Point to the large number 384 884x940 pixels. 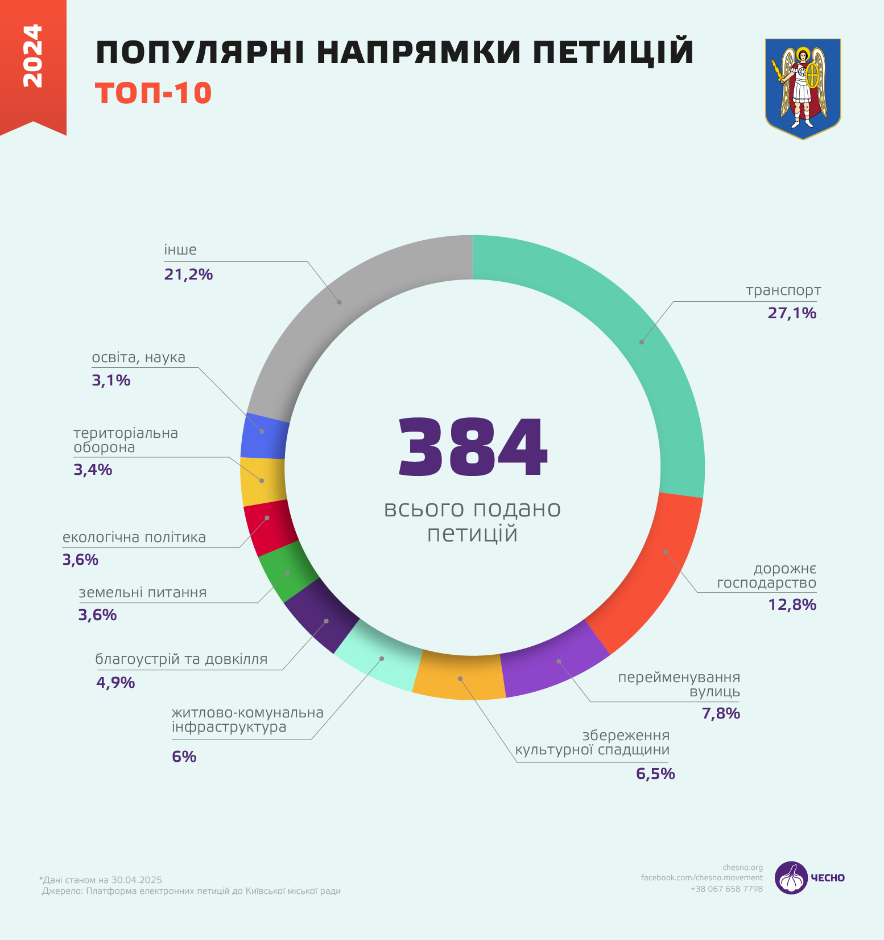[x=472, y=448]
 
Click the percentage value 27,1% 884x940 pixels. [x=792, y=313]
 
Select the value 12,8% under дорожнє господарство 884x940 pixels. [x=792, y=605]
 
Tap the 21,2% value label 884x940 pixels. [x=188, y=274]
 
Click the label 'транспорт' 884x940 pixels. [x=783, y=290]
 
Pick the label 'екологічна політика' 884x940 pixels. [x=134, y=537]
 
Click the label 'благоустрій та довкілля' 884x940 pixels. [x=181, y=659]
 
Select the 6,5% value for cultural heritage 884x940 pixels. [x=655, y=774]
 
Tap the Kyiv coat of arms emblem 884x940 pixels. [x=803, y=88]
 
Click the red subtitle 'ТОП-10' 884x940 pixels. [x=154, y=93]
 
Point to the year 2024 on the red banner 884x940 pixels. [x=32, y=56]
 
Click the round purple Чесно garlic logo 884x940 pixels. [x=791, y=877]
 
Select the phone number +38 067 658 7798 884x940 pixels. [x=726, y=889]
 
